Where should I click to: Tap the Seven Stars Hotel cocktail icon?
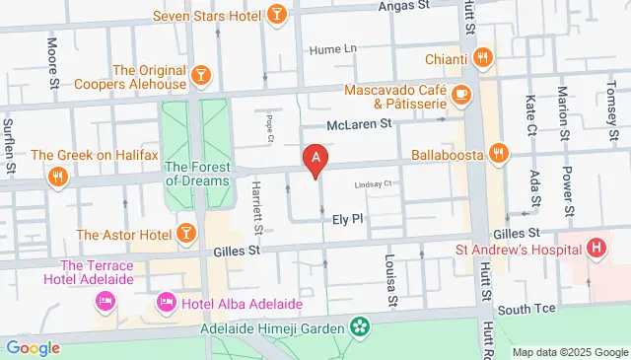[x=278, y=15]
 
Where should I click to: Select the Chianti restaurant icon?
[x=482, y=57]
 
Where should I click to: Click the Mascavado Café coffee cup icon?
[x=462, y=95]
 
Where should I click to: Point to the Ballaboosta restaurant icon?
[x=499, y=153]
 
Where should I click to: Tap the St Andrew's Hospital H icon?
[x=596, y=248]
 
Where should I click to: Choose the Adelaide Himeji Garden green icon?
[x=360, y=326]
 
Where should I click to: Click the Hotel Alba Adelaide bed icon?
[x=166, y=301]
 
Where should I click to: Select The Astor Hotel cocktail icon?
[x=184, y=234]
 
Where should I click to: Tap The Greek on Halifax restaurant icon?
[x=58, y=178]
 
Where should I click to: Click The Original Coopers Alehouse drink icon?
[x=200, y=75]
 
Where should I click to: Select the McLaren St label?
[x=360, y=124]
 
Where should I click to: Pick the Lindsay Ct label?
[x=374, y=183]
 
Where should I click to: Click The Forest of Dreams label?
[x=197, y=174]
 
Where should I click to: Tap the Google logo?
[x=33, y=347]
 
